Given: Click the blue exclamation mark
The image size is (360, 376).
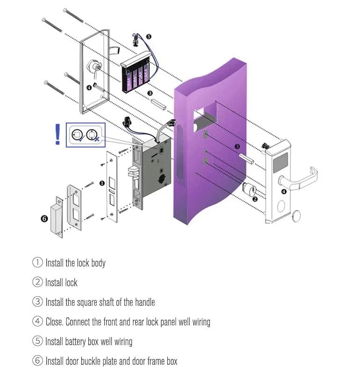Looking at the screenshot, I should pyautogui.click(x=58, y=135).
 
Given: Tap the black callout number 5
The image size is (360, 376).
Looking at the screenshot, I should pyautogui.click(x=149, y=36).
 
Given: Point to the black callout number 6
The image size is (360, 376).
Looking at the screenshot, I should pyautogui.click(x=44, y=218).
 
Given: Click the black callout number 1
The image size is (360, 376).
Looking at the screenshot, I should pyautogui.click(x=102, y=183).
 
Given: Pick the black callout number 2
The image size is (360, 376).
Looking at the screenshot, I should pyautogui.click(x=255, y=199).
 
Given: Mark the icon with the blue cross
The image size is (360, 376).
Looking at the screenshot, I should pyautogui.click(x=94, y=135).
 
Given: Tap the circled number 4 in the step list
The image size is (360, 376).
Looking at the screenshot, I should pyautogui.click(x=37, y=322).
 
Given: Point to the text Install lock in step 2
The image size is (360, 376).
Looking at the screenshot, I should pyautogui.click(x=61, y=282).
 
